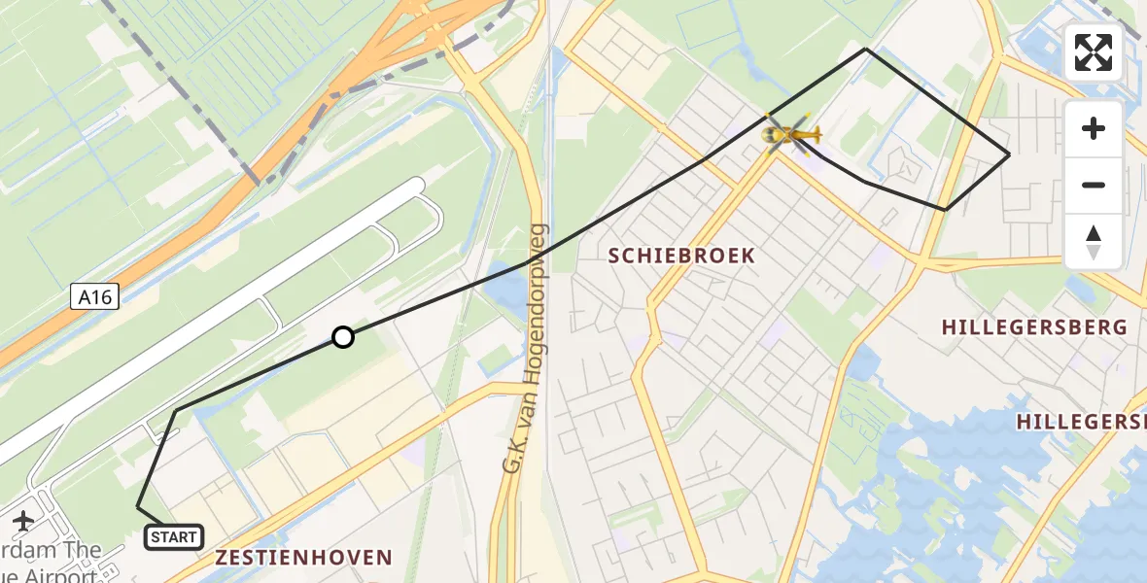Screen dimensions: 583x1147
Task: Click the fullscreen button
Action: click(1094, 52)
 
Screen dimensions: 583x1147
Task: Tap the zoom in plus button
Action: click(1094, 128)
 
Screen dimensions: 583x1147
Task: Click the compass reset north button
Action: click(1094, 242)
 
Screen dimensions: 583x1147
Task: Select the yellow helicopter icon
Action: click(789, 134)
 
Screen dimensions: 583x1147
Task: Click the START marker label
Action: click(174, 536)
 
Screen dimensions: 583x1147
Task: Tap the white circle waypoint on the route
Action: click(342, 337)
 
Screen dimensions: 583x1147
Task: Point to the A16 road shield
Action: click(95, 297)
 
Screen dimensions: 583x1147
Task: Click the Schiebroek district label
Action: click(681, 256)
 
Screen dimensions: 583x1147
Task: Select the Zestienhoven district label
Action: click(303, 558)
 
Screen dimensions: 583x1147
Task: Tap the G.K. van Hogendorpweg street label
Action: click(525, 350)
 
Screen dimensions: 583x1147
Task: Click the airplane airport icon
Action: click(21, 521)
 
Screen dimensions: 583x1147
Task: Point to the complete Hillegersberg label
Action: click(1034, 327)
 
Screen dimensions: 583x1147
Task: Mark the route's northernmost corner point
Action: click(866, 49)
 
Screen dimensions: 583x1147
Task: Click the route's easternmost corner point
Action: click(1009, 154)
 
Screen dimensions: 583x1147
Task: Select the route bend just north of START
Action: click(175, 412)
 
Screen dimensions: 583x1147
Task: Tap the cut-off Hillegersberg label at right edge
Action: click(1081, 422)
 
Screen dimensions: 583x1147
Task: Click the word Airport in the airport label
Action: click(58, 573)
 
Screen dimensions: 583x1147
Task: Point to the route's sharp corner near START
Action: click(138, 507)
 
